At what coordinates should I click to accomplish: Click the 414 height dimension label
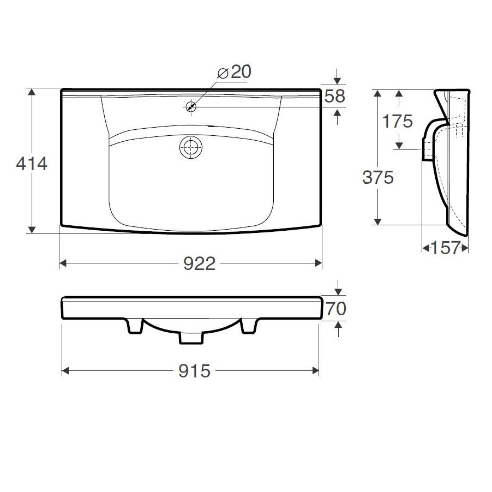32,164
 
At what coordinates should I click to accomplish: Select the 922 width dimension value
200,263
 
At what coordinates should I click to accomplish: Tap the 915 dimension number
195,371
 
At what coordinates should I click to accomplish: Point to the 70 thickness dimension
336,309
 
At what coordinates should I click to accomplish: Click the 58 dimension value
335,96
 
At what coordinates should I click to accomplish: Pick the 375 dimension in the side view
378,177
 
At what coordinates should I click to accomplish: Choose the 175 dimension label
397,122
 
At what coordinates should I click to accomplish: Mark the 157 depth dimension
446,248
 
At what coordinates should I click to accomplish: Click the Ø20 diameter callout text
235,72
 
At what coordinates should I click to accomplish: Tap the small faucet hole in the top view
191,107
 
